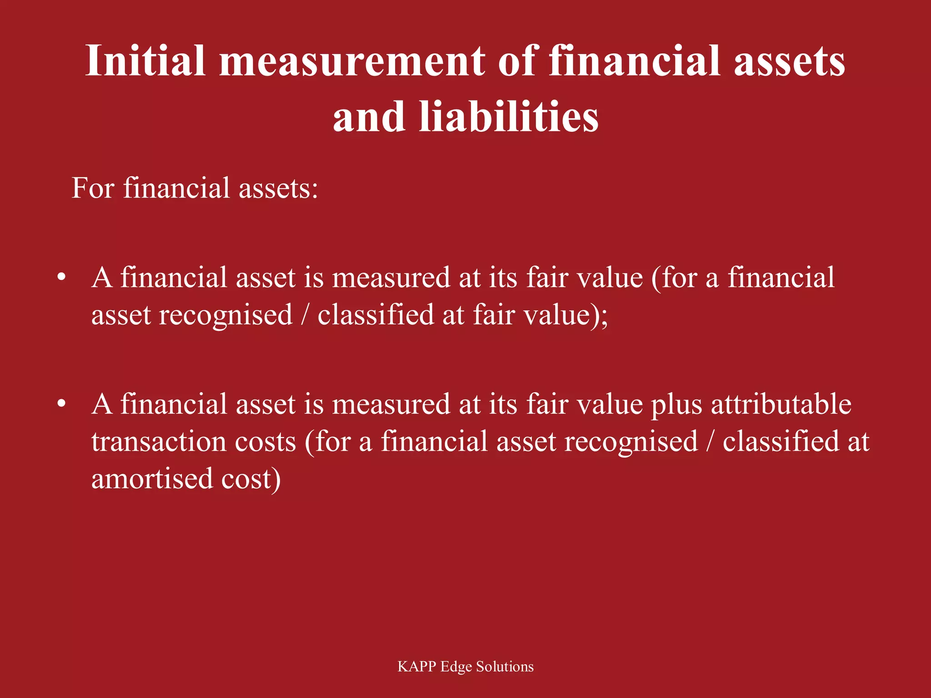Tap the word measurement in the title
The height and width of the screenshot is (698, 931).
(x=352, y=61)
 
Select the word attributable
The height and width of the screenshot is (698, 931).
(x=781, y=404)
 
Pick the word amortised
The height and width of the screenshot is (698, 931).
(x=152, y=479)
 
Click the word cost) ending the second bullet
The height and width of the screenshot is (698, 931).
(x=251, y=479)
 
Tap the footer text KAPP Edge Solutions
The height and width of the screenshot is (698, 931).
(x=465, y=667)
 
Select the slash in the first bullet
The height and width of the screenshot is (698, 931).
(x=305, y=315)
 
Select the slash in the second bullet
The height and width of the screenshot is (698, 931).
(x=710, y=442)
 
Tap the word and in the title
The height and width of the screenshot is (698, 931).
(x=369, y=117)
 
